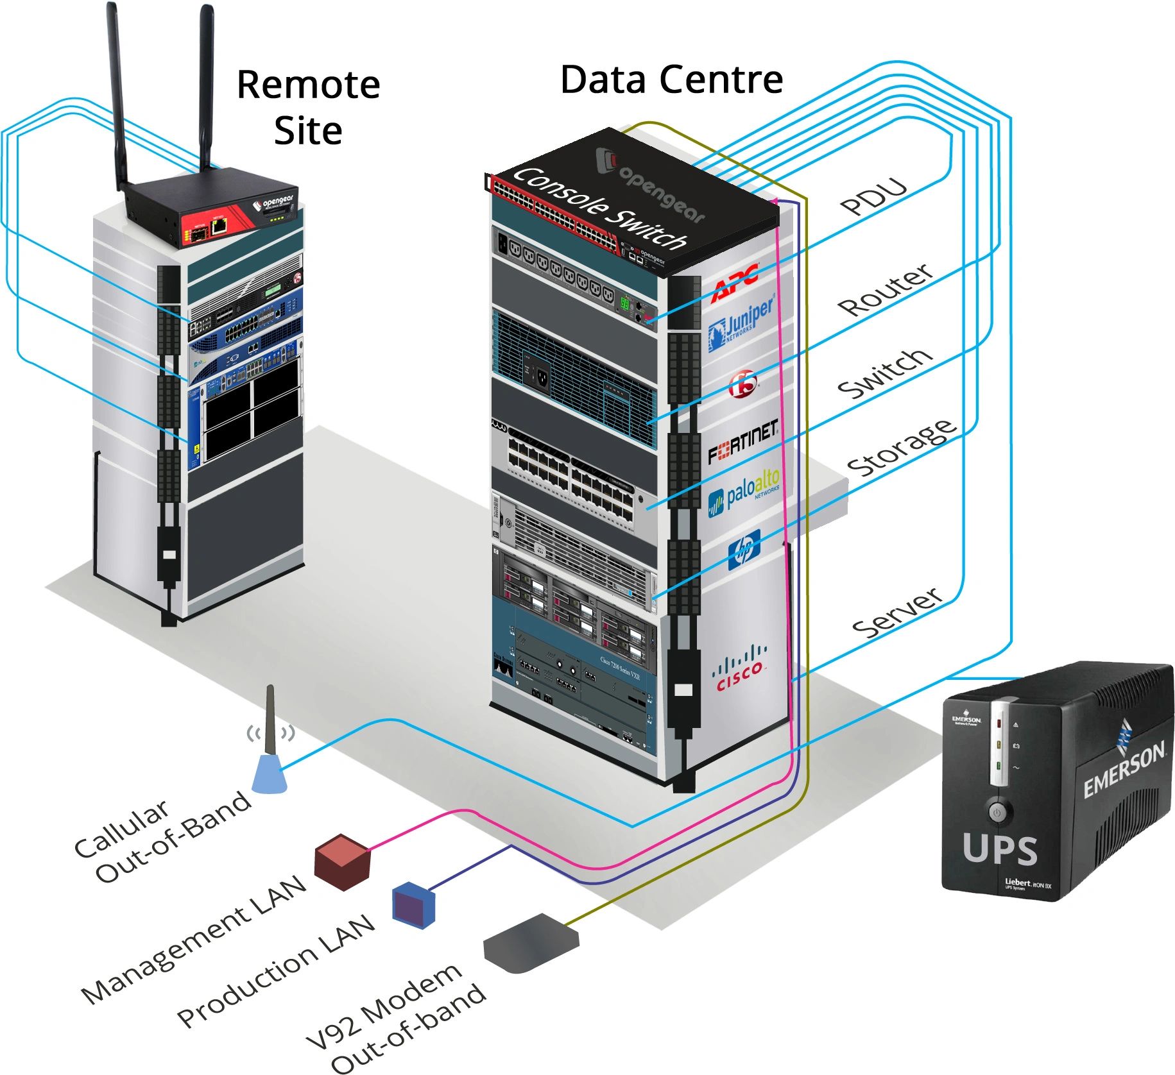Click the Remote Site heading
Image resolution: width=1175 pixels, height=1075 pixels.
pos(309,107)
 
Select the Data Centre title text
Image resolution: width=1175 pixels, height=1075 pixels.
pos(671,80)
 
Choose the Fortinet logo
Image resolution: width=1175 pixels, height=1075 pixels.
pos(742,441)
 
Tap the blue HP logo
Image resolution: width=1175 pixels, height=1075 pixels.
pos(744,550)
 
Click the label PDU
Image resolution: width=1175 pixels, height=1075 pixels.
pos(873,196)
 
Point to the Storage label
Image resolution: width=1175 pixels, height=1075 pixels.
pos(902,447)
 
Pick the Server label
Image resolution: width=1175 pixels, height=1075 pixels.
pos(896,613)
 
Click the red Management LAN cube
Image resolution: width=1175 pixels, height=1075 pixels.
pos(342,861)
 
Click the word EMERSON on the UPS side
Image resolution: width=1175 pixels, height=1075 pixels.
pos(1124,770)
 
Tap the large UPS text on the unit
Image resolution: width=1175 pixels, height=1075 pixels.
pos(999,850)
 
